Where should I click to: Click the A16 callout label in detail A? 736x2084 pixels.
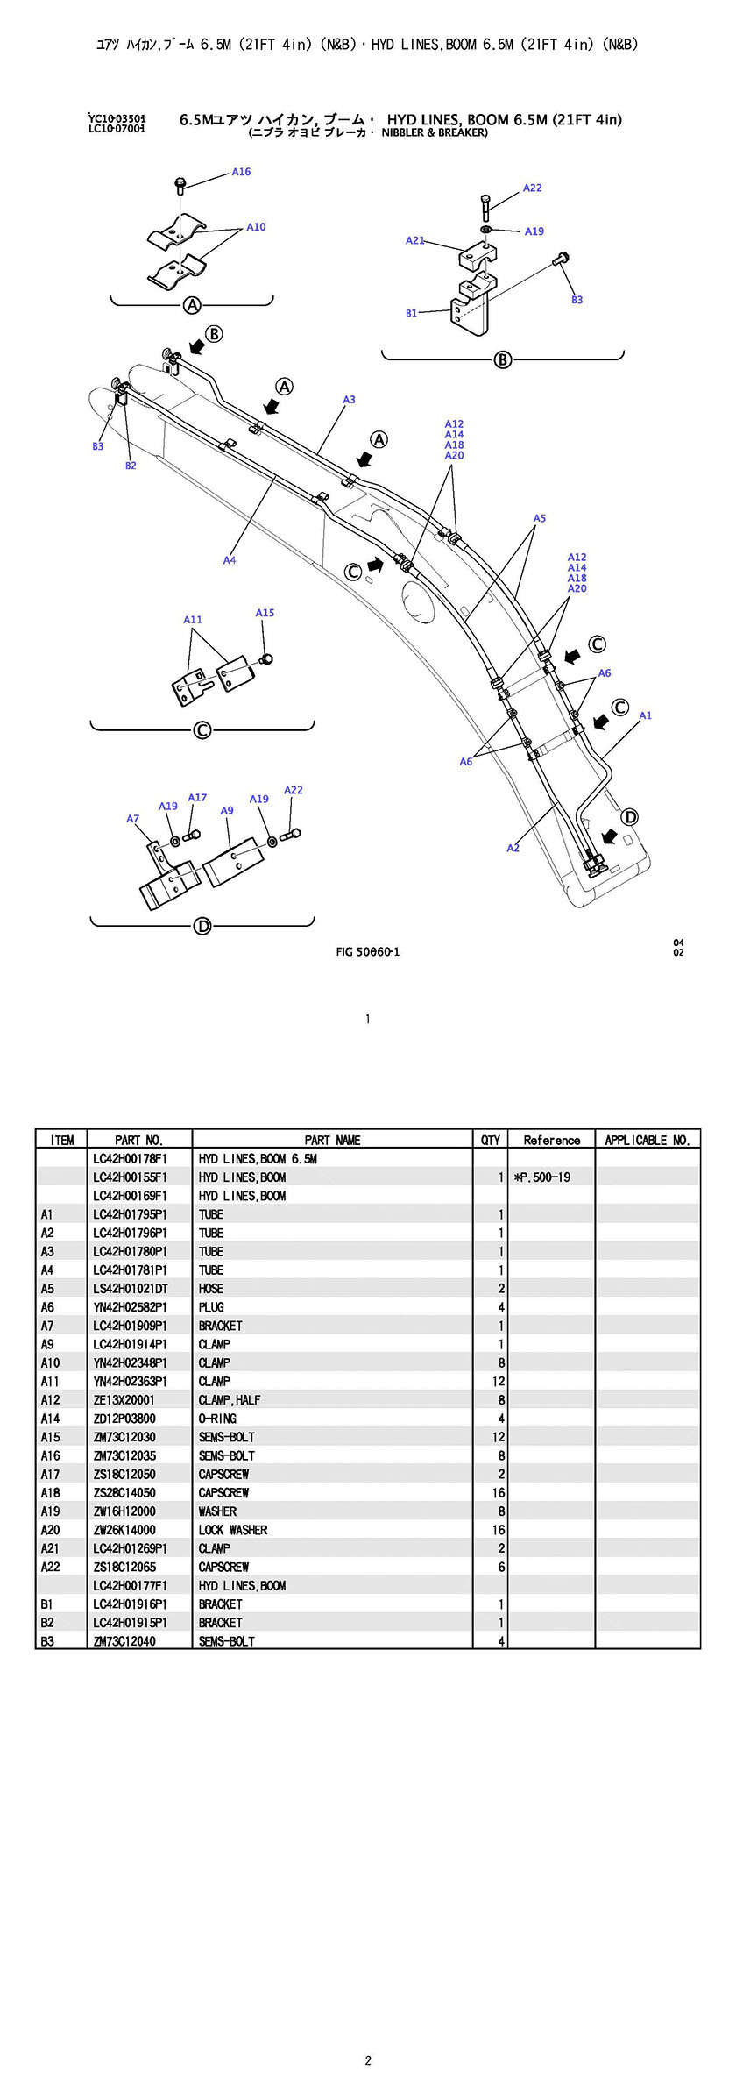click(x=241, y=172)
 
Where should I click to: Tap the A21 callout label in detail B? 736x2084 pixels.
click(x=414, y=240)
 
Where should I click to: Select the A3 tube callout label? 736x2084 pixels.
click(x=349, y=400)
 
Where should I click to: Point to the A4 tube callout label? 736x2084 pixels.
click(x=229, y=560)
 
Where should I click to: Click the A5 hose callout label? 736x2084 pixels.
click(x=540, y=519)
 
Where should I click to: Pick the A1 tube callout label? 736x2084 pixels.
click(x=645, y=715)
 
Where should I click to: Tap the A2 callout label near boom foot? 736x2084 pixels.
click(x=513, y=848)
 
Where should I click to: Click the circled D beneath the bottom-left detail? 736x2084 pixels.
click(x=202, y=926)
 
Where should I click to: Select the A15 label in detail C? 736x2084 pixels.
click(x=265, y=613)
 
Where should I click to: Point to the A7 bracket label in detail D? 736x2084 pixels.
click(x=132, y=819)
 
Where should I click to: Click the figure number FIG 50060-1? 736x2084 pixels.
click(x=368, y=952)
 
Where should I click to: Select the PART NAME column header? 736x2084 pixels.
click(x=332, y=1140)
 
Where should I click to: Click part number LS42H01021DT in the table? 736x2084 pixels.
click(x=130, y=1289)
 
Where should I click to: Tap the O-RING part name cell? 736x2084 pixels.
click(x=217, y=1419)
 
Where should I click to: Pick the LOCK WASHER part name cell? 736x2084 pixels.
click(x=233, y=1530)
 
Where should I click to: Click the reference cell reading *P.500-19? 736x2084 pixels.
click(x=542, y=1177)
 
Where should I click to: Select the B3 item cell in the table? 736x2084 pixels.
click(x=47, y=1641)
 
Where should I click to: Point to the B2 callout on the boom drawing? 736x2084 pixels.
click(x=131, y=466)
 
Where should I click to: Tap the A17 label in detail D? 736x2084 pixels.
click(x=197, y=798)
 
